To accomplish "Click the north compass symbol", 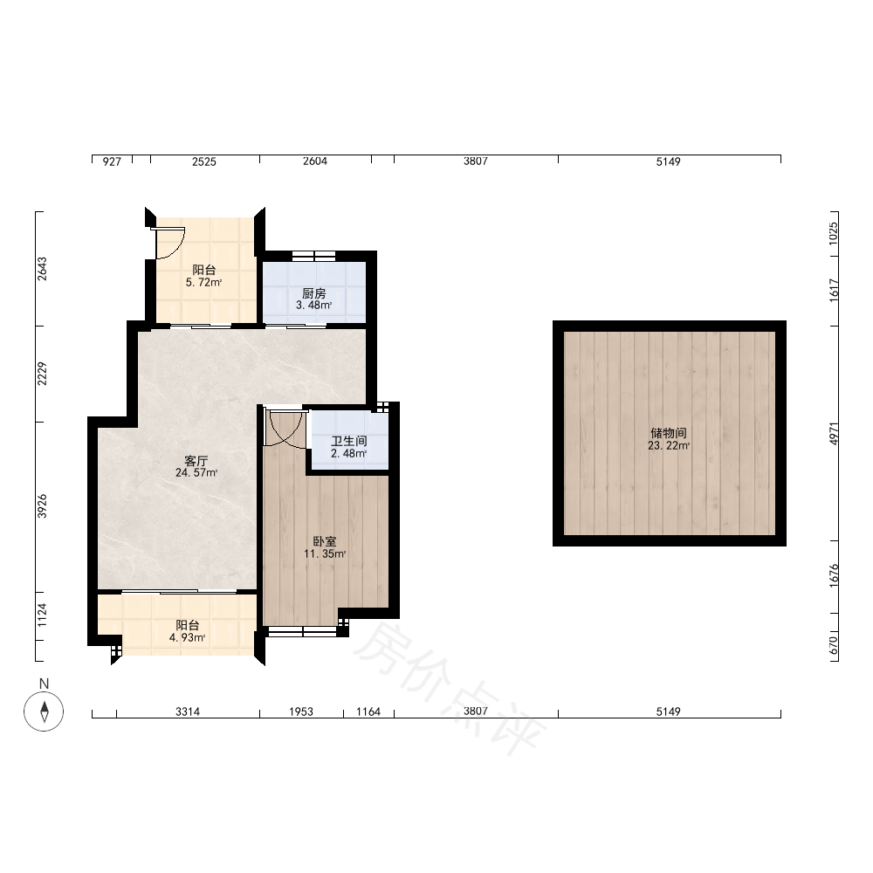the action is click(44, 711).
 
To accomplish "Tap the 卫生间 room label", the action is click(349, 441).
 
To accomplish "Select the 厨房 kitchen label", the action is click(314, 292).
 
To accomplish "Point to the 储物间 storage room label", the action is click(668, 433).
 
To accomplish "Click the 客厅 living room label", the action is click(196, 460).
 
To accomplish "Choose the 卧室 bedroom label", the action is click(325, 541).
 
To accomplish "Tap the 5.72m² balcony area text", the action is click(203, 282).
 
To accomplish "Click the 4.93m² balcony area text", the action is click(188, 637).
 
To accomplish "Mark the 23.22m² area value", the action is click(669, 445).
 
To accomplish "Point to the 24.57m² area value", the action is click(196, 472).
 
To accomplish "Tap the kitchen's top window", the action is click(314, 256).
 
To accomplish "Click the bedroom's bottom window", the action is click(303, 631).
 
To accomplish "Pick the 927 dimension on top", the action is click(112, 162).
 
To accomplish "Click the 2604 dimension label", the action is click(315, 161).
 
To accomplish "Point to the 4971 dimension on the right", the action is click(834, 433).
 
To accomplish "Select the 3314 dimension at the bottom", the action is click(188, 711).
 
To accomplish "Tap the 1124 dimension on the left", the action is click(42, 615).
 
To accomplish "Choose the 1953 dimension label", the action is click(300, 711).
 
